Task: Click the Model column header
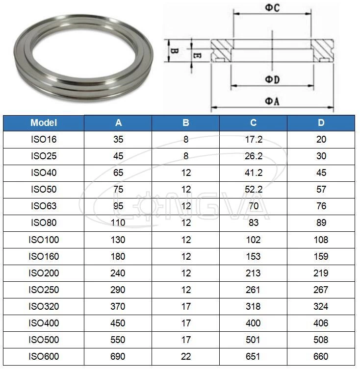coord(44,123)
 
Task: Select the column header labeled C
coord(253,123)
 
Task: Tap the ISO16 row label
coord(44,140)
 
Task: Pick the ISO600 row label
coord(44,356)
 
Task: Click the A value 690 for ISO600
coord(118,356)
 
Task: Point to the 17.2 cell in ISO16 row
coord(253,140)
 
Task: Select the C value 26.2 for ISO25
coord(253,156)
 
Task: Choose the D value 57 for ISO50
coord(321,190)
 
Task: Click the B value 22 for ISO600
coord(185,356)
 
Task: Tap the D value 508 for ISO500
coord(321,340)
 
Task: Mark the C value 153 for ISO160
coord(253,256)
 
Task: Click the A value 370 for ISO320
coord(118,306)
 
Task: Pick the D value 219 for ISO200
coord(321,273)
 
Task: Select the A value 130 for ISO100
coord(118,240)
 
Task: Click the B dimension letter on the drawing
coord(174,51)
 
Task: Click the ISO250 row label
coord(44,290)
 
